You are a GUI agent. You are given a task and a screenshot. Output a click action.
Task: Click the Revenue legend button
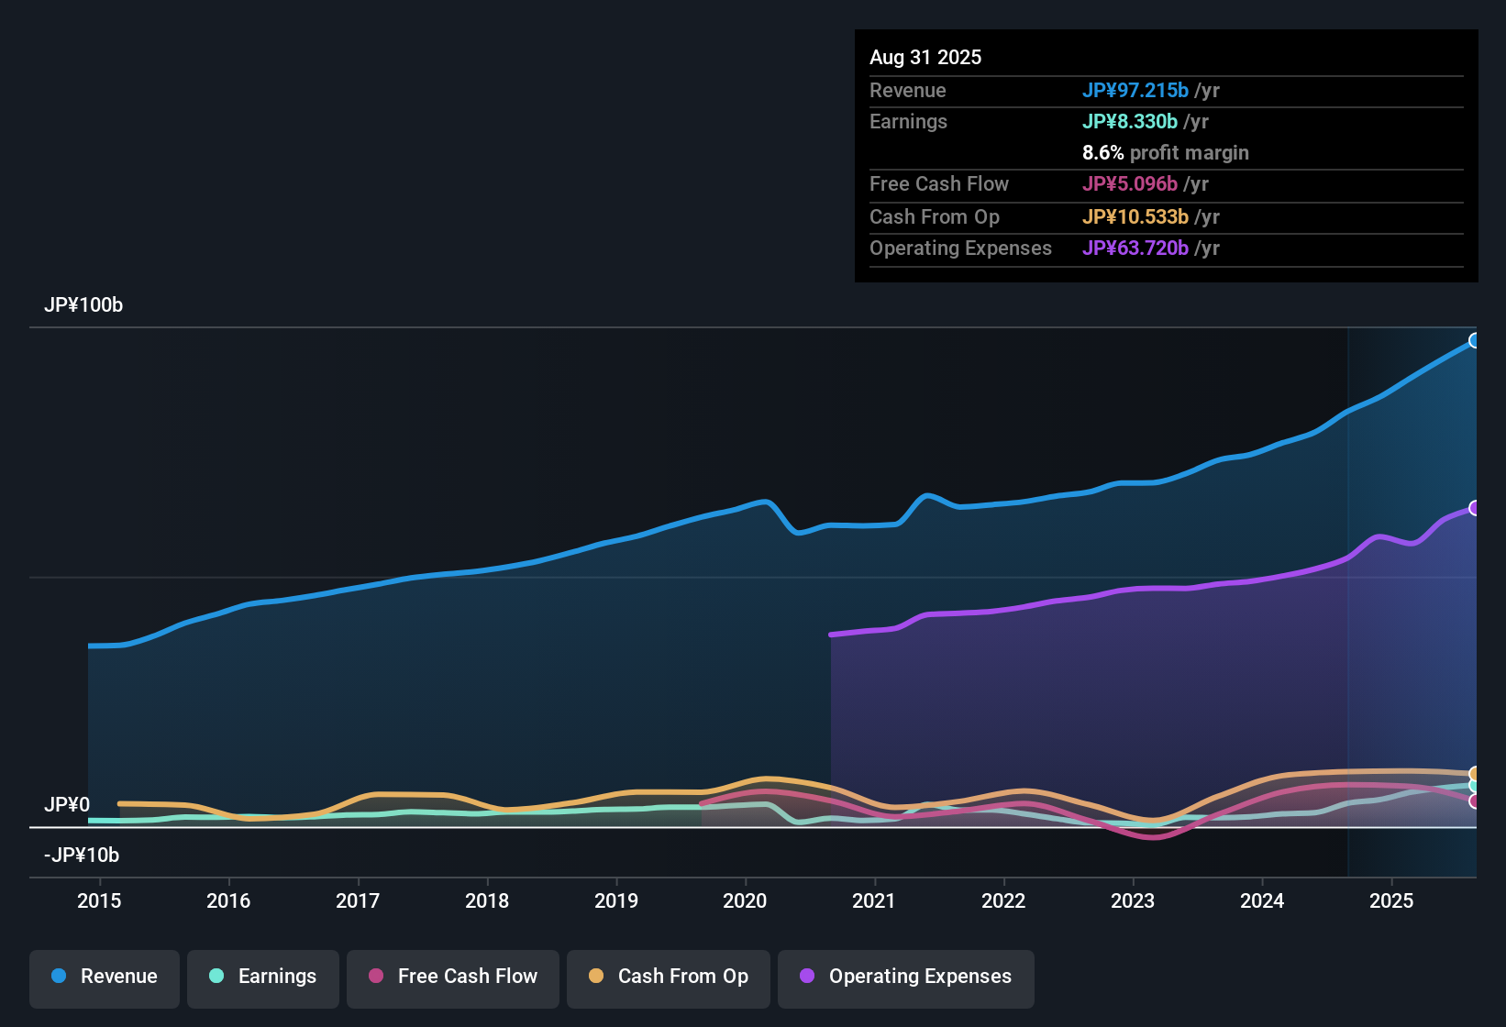pyautogui.click(x=105, y=977)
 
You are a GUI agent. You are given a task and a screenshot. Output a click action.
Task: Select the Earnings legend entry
pyautogui.click(x=263, y=977)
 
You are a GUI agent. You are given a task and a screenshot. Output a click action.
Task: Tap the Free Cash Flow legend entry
pyautogui.click(x=453, y=977)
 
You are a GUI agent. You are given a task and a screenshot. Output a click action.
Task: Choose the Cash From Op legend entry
pyautogui.click(x=669, y=977)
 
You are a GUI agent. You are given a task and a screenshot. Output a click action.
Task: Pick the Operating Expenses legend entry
pyautogui.click(x=906, y=977)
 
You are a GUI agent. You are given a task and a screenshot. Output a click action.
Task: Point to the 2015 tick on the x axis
pyautogui.click(x=99, y=900)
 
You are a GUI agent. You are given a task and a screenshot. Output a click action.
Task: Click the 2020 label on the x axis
pyautogui.click(x=745, y=900)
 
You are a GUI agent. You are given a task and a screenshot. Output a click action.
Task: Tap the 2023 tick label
pyautogui.click(x=1133, y=900)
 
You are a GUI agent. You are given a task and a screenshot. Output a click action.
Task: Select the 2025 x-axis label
pyautogui.click(x=1391, y=900)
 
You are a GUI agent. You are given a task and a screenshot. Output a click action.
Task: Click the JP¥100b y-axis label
pyautogui.click(x=83, y=305)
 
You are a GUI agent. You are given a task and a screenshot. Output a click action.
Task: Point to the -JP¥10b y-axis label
pyautogui.click(x=82, y=855)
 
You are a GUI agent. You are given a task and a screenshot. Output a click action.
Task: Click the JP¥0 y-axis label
pyautogui.click(x=67, y=804)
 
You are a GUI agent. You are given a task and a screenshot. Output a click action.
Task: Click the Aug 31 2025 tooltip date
pyautogui.click(x=925, y=57)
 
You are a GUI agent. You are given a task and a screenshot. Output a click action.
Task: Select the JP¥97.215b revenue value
pyautogui.click(x=1135, y=90)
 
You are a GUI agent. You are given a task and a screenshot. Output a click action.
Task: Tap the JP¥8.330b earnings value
pyautogui.click(x=1130, y=121)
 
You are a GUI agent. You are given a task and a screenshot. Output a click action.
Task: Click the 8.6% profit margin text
pyautogui.click(x=1165, y=152)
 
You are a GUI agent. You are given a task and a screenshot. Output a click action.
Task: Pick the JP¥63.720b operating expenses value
pyautogui.click(x=1135, y=248)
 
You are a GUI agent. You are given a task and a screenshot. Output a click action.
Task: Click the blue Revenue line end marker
pyautogui.click(x=1474, y=340)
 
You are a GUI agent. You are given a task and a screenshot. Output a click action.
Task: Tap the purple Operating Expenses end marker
pyautogui.click(x=1474, y=508)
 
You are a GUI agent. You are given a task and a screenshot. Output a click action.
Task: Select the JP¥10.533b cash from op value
pyautogui.click(x=1135, y=216)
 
